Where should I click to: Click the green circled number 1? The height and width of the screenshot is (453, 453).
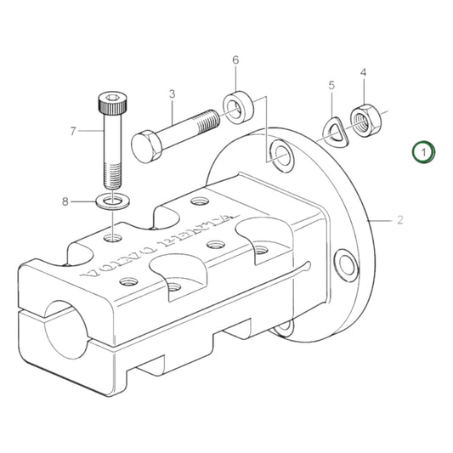(x=424, y=152)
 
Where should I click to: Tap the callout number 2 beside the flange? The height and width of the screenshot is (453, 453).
(x=399, y=220)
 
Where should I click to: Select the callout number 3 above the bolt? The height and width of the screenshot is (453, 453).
(x=172, y=94)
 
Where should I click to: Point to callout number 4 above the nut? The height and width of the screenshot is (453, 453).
(x=363, y=73)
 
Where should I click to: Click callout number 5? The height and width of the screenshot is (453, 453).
(x=332, y=86)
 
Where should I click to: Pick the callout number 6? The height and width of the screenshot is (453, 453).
(x=235, y=60)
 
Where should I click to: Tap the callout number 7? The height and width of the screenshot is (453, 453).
(x=73, y=131)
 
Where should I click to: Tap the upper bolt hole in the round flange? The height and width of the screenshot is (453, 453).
(x=279, y=153)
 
